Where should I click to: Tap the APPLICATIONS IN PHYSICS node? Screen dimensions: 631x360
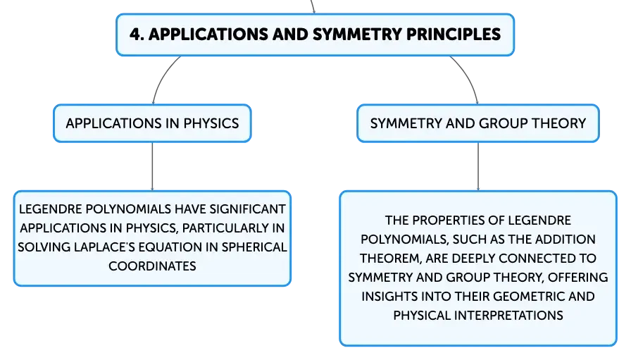[153, 123]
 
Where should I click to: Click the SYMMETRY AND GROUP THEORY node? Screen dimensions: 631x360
[478, 123]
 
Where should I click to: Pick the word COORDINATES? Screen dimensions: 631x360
[153, 266]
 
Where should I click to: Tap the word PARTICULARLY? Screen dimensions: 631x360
[226, 228]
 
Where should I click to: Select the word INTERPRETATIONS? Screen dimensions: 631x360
[508, 316]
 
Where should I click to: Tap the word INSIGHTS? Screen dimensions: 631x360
[389, 297]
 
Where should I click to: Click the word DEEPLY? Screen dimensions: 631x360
[475, 259]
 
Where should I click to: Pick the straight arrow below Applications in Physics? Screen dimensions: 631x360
[153, 166]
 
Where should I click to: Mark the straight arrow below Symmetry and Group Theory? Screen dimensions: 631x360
[478, 166]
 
